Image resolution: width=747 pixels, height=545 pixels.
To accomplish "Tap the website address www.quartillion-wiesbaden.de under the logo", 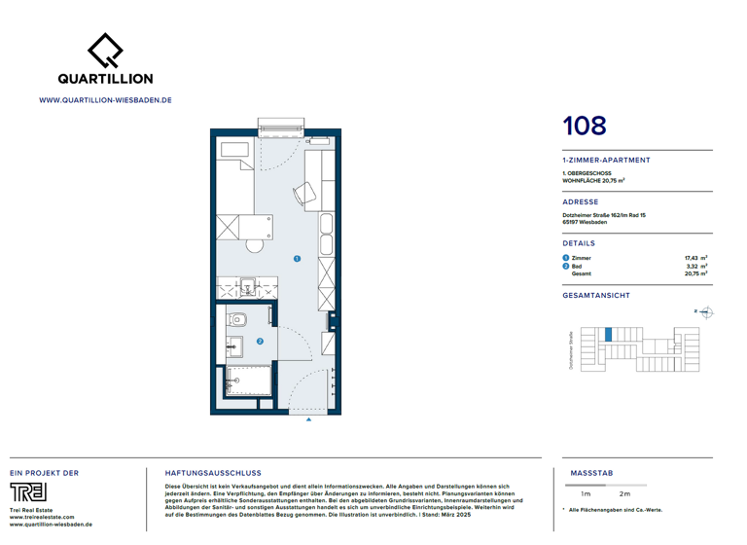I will point(105,99).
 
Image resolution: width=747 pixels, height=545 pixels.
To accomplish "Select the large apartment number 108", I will point(585,126).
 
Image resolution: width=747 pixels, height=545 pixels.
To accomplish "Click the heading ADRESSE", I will point(581,202).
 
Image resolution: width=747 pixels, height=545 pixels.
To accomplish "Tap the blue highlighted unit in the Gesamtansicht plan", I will point(609,334).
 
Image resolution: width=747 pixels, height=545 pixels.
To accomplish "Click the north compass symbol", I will point(707,312).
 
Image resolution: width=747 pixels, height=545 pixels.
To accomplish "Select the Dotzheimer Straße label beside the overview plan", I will point(571,349).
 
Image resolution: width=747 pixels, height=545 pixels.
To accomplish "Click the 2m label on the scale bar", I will point(624,494).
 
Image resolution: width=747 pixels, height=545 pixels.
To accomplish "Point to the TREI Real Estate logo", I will point(28,491).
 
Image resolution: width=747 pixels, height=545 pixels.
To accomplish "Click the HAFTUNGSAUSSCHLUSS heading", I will point(213,473).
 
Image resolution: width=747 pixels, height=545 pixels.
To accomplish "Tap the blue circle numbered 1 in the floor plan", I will point(297,259).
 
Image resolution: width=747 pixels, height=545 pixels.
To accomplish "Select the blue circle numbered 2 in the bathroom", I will point(260,342).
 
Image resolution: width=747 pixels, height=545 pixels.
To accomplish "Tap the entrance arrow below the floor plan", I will point(309,420).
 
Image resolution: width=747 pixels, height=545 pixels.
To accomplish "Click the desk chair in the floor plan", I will point(305,194).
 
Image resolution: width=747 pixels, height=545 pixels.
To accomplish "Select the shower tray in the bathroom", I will point(249,381).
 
